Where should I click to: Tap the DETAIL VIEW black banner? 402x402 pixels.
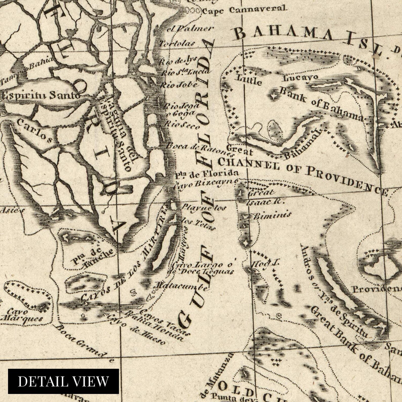pos(63,381)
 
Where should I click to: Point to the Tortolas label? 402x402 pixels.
pos(177,44)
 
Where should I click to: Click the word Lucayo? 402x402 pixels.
pos(300,77)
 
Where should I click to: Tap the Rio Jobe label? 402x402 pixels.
pos(179,85)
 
